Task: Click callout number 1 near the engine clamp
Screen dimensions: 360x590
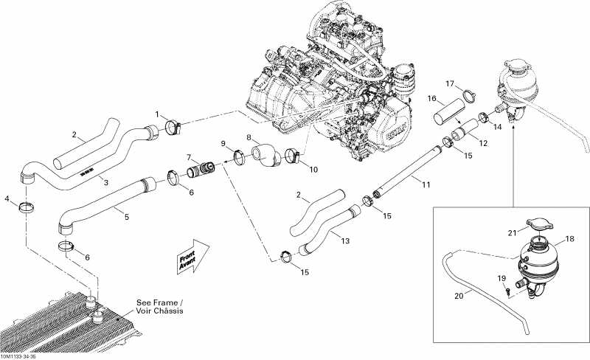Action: [156, 114]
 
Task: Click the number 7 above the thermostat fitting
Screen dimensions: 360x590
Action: [189, 157]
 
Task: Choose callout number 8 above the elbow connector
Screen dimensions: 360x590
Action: [249, 137]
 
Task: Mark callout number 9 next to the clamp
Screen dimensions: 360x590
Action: [223, 143]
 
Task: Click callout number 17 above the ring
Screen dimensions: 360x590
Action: [449, 83]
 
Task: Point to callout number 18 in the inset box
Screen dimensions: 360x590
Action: [569, 239]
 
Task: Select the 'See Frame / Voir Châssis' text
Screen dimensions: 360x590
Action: [159, 306]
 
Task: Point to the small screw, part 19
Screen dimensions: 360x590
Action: [508, 291]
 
